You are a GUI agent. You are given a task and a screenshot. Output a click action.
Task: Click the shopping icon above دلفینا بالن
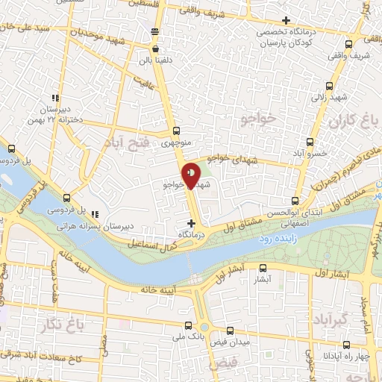tap(154, 49)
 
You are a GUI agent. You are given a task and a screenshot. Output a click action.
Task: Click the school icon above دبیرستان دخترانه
tap(54, 98)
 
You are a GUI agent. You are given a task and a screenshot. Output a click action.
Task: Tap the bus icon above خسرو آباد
tap(310, 141)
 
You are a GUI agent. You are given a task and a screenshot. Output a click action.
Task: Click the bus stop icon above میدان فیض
tap(230, 330)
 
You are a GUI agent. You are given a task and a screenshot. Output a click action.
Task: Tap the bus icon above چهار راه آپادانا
tap(347, 345)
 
